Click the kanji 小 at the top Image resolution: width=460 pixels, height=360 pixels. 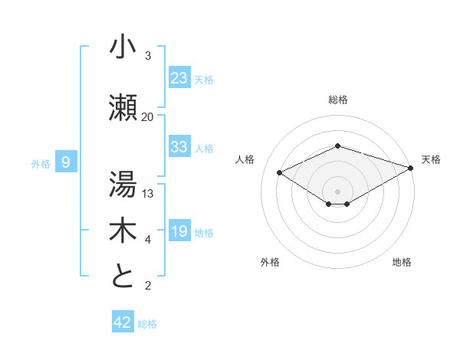[x=123, y=47]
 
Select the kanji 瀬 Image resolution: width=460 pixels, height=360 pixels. [x=123, y=108]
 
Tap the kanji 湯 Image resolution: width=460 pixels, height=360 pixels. [x=123, y=184]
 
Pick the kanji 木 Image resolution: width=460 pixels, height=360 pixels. [x=123, y=231]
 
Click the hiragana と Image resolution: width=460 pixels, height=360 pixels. [x=123, y=276]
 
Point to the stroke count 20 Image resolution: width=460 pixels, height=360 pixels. [x=147, y=117]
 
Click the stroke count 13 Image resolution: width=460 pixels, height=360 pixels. [x=148, y=194]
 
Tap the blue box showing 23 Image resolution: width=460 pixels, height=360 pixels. [x=179, y=77]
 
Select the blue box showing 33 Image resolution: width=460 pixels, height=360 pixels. [x=179, y=147]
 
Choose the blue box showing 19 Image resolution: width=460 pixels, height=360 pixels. [x=179, y=231]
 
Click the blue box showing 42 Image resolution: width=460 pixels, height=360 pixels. [x=123, y=322]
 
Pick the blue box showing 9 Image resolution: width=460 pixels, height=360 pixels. [x=66, y=162]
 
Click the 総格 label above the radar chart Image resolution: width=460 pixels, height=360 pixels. [x=338, y=100]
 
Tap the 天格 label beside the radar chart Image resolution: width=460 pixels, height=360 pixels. [x=431, y=159]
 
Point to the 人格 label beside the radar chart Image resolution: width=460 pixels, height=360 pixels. [x=245, y=159]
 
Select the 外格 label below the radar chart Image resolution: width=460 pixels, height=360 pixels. [x=270, y=262]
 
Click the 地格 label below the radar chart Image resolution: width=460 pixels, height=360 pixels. [x=402, y=262]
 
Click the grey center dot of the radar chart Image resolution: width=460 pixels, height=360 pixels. [x=337, y=191]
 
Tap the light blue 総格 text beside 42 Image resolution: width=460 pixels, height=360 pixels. [x=147, y=324]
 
